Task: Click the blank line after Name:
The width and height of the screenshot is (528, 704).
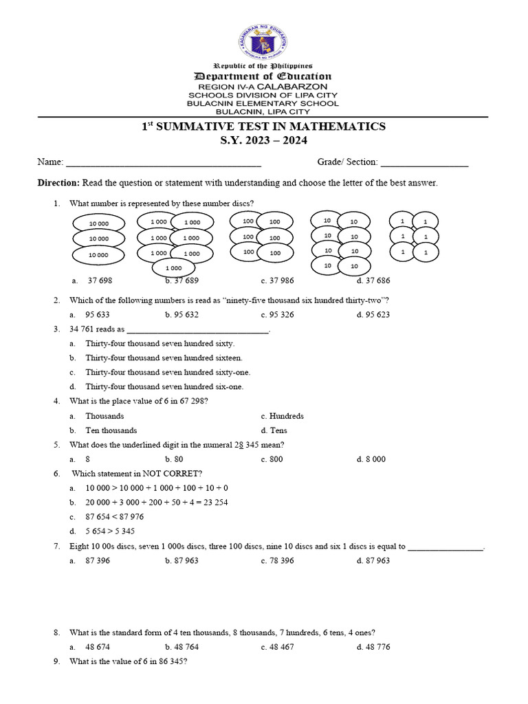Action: pos(163,163)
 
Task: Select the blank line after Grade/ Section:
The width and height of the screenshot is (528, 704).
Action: pos(424,163)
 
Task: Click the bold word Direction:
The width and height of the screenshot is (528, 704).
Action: pos(58,183)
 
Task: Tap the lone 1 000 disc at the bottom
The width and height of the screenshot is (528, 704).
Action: pos(173,268)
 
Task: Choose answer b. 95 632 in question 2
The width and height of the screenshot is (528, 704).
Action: pos(181,314)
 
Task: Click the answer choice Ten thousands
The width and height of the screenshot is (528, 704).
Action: pos(111,430)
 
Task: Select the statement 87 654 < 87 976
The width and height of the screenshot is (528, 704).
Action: pos(115,516)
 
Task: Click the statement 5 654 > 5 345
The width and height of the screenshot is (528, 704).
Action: pos(110,531)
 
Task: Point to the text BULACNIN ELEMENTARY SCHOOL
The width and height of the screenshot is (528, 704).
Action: pos(263,103)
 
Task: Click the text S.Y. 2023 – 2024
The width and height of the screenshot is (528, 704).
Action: pos(263,141)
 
